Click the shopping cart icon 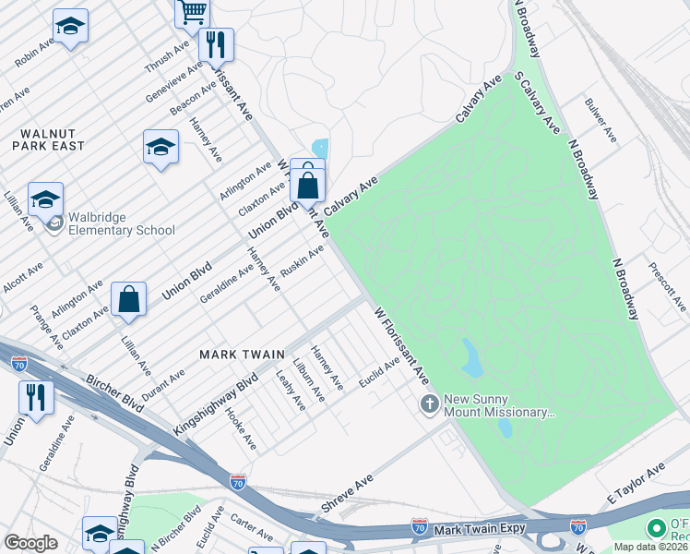point(193,12)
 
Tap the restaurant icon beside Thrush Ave point(215,43)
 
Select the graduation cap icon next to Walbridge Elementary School point(45,198)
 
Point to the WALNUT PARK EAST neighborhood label point(49,138)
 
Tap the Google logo point(30,542)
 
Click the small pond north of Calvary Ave point(320,148)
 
